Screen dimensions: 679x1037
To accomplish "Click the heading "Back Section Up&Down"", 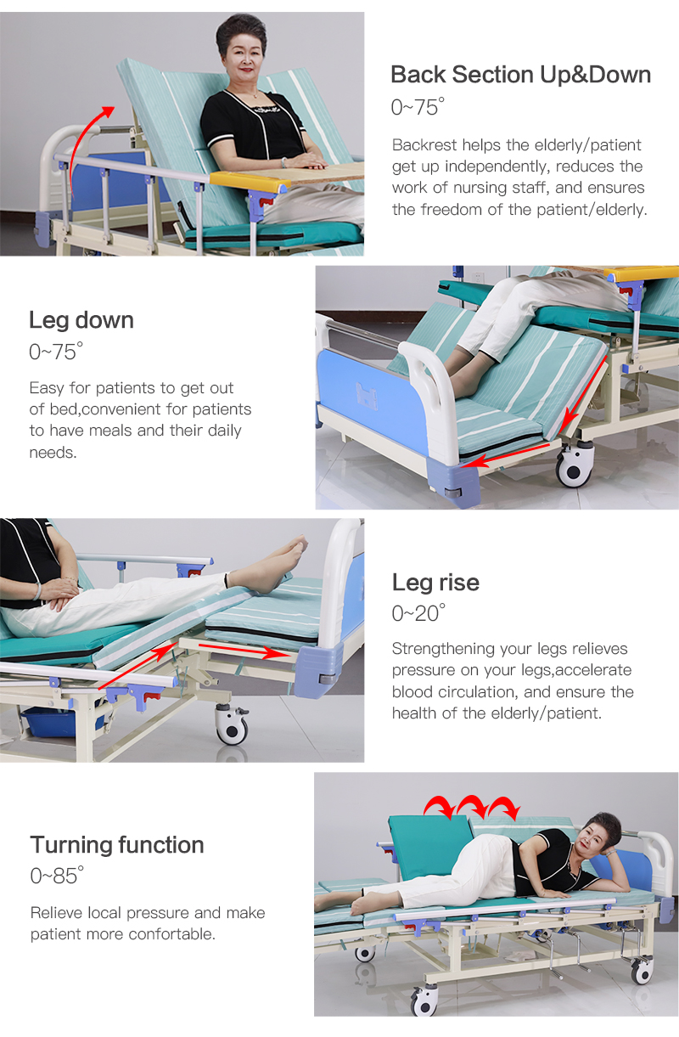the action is click(x=520, y=75).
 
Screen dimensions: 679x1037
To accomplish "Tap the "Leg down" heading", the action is click(x=81, y=321).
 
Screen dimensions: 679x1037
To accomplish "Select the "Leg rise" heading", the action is click(x=435, y=583).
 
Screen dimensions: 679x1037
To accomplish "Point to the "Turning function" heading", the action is click(x=117, y=845).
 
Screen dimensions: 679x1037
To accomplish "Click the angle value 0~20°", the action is click(x=418, y=613).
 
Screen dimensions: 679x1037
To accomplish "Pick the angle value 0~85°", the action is click(x=57, y=876).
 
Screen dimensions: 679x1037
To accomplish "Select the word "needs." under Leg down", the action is click(x=53, y=453).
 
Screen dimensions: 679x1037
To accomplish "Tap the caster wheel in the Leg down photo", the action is click(x=575, y=465).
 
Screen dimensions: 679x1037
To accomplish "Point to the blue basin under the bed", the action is click(x=48, y=722).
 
